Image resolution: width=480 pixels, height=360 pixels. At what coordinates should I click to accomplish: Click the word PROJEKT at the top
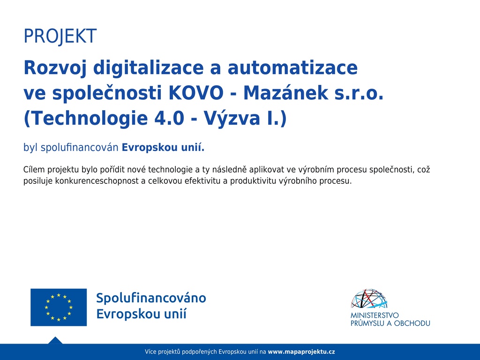point(60,36)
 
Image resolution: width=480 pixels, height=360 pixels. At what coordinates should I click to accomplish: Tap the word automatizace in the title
point(292,68)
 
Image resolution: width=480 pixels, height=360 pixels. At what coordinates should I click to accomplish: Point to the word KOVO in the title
point(196,93)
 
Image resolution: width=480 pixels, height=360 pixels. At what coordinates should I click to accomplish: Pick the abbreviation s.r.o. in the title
point(359,94)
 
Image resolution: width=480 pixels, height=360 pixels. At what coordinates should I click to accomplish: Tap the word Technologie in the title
point(85,119)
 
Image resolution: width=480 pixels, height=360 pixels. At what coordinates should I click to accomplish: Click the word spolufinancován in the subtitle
point(79,148)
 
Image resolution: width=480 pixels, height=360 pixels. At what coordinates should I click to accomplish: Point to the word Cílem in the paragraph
point(34,170)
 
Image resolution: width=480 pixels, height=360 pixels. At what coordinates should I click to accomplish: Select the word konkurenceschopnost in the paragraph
point(97,181)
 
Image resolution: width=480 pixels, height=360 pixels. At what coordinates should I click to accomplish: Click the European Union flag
point(59,307)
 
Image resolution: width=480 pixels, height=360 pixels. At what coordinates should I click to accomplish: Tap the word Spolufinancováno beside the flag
point(151,298)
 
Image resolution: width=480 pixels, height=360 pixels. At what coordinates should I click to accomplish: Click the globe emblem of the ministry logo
point(369,299)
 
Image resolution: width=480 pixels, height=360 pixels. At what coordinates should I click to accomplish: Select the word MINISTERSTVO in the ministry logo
point(375,315)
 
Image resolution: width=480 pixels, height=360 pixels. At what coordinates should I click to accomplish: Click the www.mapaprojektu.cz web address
point(301,352)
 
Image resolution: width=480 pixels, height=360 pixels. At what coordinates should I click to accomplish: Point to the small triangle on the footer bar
point(55,341)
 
